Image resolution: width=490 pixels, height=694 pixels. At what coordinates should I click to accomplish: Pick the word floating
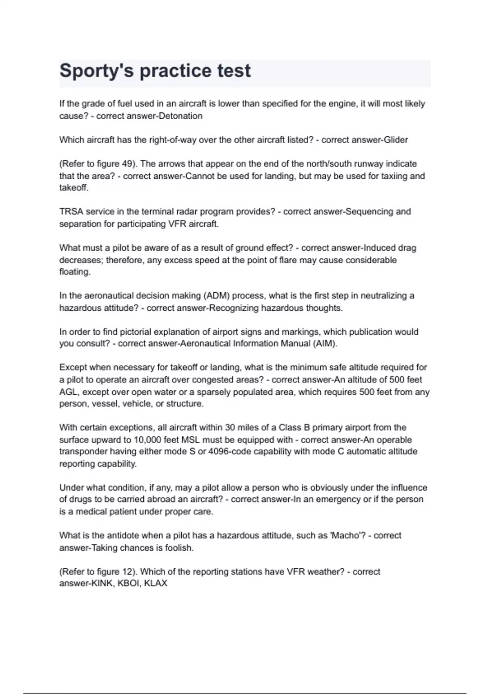(x=74, y=272)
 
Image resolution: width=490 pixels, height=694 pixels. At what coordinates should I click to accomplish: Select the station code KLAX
(x=156, y=583)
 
